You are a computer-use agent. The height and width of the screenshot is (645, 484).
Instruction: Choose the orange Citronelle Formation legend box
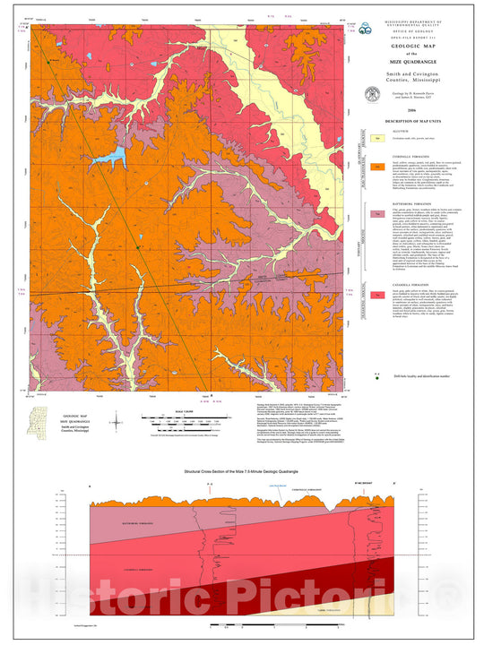(378, 167)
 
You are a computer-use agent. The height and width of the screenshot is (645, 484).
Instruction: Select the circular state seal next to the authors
(372, 94)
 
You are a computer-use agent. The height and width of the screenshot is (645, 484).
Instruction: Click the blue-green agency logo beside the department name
(361, 29)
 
